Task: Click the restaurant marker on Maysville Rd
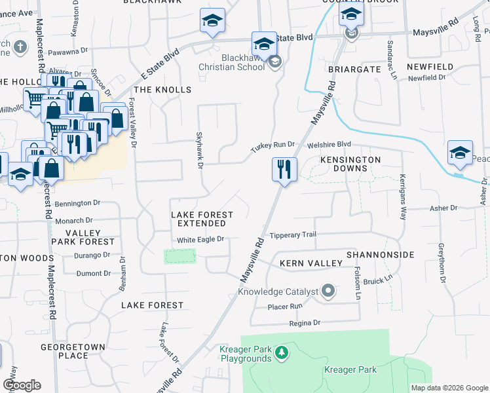284,170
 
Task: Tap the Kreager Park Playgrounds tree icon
282,353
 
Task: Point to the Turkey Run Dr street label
273,147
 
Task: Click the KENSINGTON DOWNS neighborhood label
350,164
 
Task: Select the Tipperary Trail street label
293,234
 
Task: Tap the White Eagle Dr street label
201,240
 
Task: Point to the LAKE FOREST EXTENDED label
202,219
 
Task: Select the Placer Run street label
285,306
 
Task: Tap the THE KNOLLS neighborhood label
162,90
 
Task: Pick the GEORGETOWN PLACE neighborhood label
64,350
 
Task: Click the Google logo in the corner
22,385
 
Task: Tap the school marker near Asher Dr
460,153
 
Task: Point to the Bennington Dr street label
78,204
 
